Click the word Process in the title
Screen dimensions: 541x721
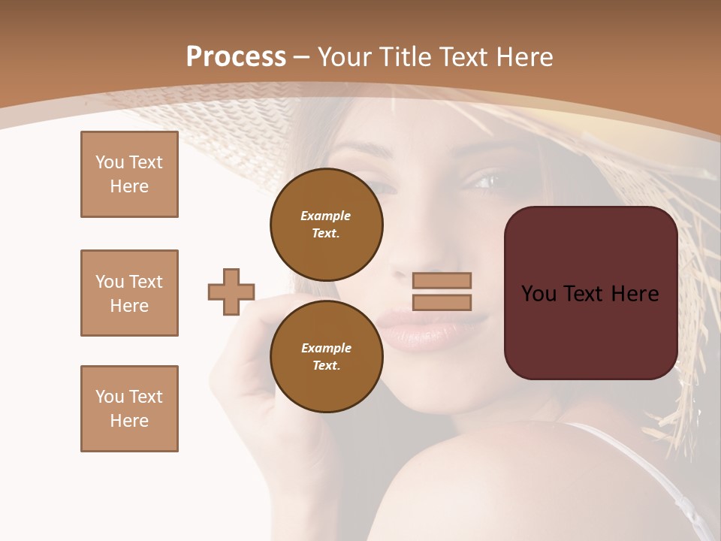(236, 57)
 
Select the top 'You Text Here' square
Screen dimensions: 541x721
(129, 174)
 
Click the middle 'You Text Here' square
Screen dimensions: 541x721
(129, 293)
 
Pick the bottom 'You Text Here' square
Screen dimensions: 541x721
(129, 409)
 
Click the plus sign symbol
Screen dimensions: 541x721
(231, 292)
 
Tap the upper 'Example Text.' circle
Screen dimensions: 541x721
(327, 224)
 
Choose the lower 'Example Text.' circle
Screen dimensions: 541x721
(327, 356)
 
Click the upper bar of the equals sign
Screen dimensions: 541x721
(442, 280)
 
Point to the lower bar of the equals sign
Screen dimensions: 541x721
(442, 302)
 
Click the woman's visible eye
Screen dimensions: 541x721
(484, 180)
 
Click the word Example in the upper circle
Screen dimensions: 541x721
(326, 216)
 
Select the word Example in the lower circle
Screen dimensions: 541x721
(326, 348)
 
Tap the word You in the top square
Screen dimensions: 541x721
(109, 162)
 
